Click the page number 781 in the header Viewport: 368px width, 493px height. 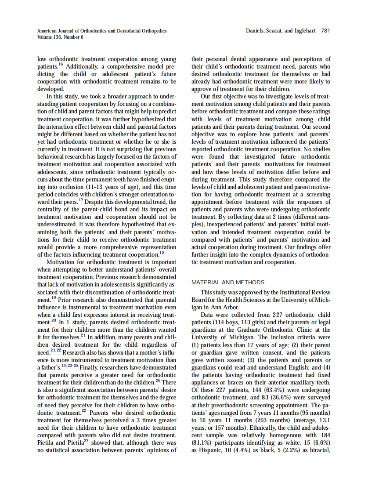coord(325,31)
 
